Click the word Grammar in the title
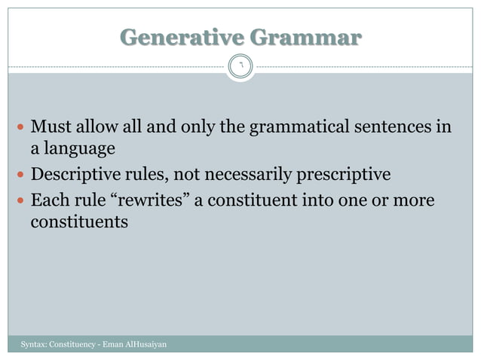(x=306, y=37)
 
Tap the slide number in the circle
(x=240, y=66)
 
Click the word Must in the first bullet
(x=51, y=126)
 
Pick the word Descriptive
(x=75, y=175)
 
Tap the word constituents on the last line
(x=79, y=223)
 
